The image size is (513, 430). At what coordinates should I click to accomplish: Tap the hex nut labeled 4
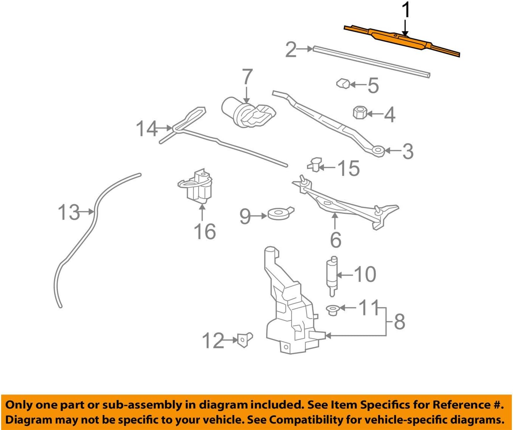tap(360, 112)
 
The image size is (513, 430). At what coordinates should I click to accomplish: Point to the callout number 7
tap(247, 77)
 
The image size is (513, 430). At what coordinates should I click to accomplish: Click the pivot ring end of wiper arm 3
tap(377, 151)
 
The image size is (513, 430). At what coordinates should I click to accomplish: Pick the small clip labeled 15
tap(315, 165)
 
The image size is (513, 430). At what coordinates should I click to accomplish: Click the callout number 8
tap(399, 322)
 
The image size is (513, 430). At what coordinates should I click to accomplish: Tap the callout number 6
tap(335, 239)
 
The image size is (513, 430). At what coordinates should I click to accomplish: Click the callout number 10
tap(365, 274)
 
